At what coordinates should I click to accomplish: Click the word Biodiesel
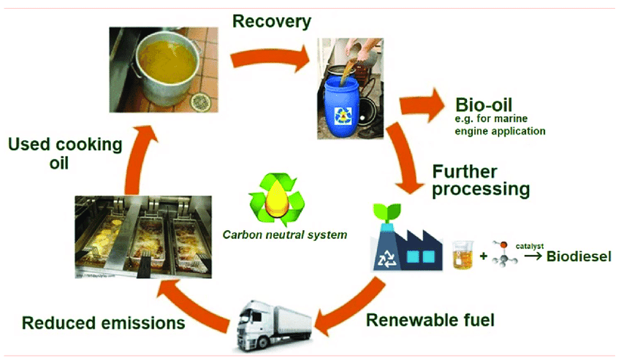[x=574, y=257]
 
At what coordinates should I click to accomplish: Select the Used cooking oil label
[x=65, y=153]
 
